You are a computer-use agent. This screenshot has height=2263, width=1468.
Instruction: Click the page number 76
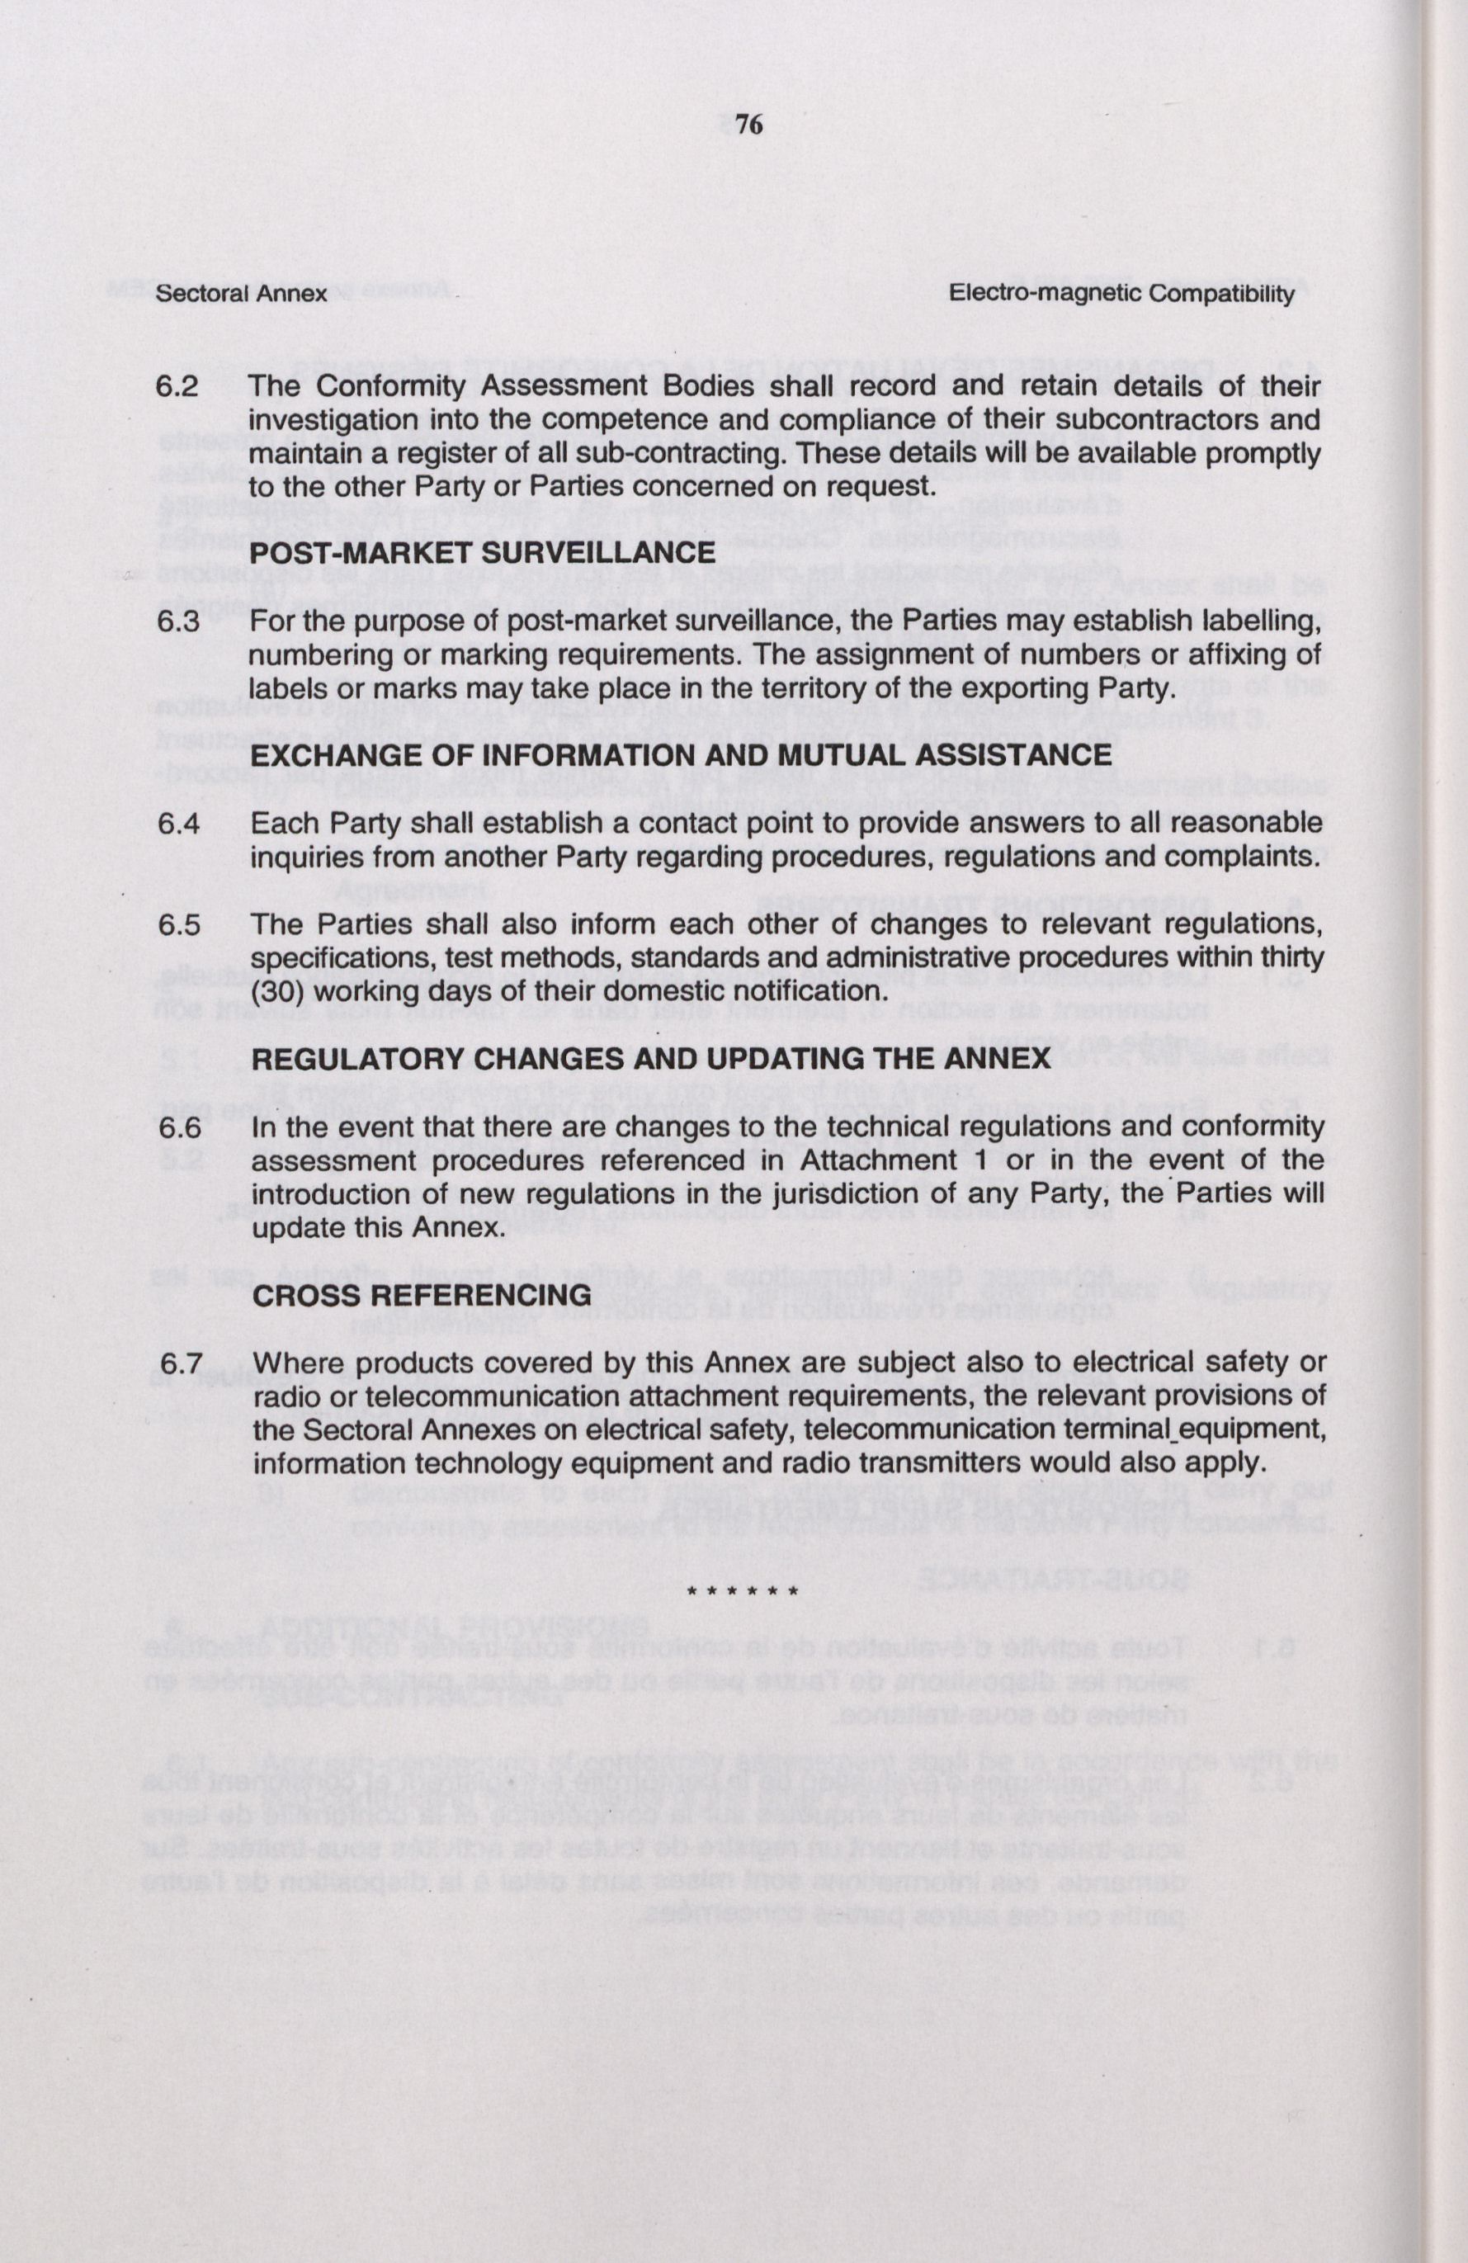(748, 125)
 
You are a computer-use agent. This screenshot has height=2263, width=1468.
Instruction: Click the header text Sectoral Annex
(242, 294)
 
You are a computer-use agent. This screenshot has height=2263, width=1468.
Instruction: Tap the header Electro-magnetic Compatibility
(1122, 294)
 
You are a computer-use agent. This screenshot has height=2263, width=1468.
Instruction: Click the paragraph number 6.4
(179, 824)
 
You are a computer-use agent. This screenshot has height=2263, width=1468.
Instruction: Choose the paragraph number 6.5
(179, 925)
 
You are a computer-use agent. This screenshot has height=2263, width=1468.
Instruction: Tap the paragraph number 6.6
(179, 1127)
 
